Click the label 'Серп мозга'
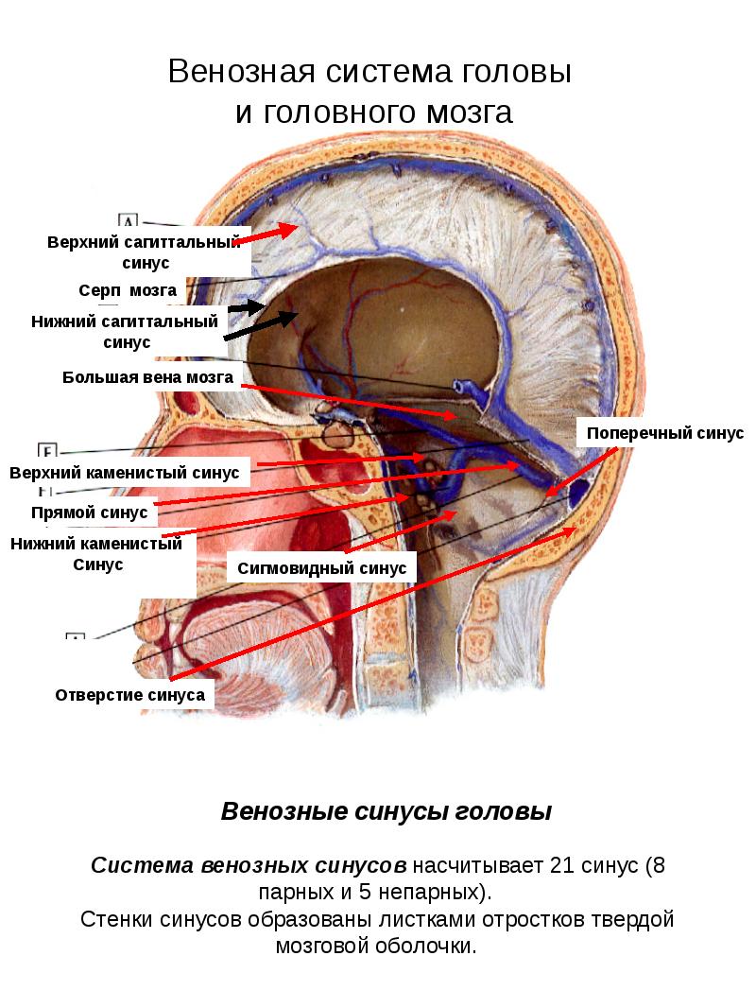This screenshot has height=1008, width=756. (127, 290)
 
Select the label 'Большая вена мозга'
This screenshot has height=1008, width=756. (147, 377)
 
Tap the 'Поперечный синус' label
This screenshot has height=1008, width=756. (652, 433)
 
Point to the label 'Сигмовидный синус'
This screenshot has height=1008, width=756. (322, 568)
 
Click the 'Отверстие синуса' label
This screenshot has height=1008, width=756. (130, 695)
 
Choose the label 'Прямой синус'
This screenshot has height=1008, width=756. (90, 513)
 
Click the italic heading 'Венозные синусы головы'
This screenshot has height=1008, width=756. (386, 812)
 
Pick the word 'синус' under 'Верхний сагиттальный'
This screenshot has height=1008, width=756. (146, 262)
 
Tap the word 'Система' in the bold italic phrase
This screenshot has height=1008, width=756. (141, 866)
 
